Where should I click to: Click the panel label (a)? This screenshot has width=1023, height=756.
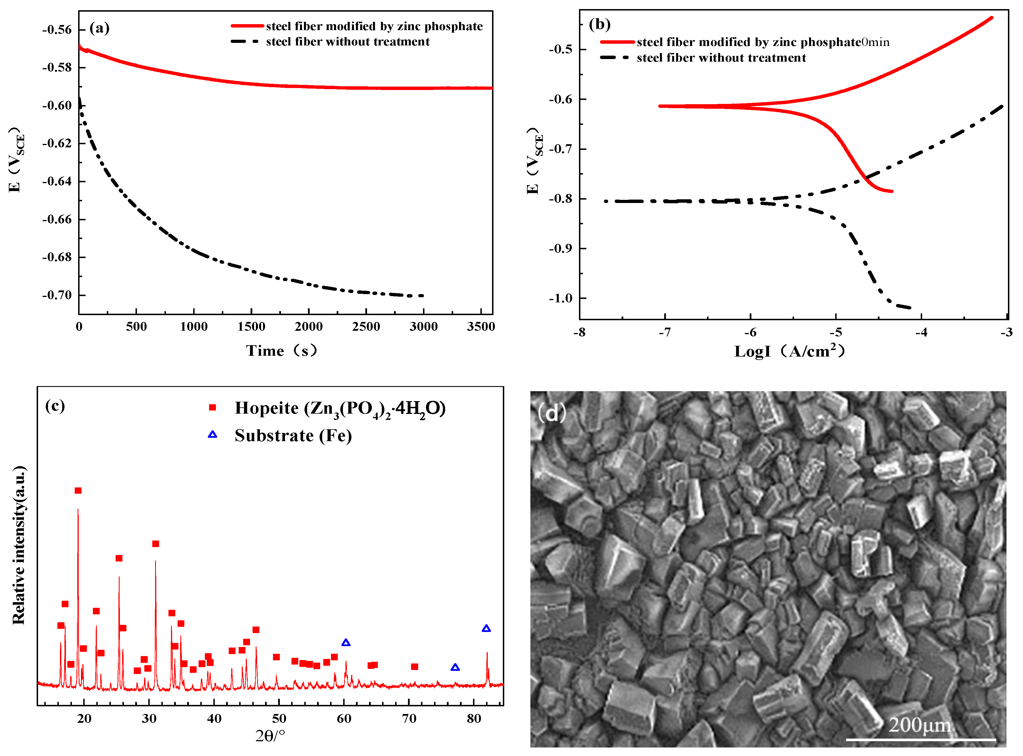click(99, 28)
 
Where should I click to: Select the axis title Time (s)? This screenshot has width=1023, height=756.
click(282, 351)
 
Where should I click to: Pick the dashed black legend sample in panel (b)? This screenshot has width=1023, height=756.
click(614, 58)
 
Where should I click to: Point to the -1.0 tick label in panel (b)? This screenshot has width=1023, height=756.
click(561, 298)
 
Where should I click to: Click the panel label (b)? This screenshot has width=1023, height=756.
click(599, 24)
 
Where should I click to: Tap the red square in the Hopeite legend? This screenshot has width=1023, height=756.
click(212, 408)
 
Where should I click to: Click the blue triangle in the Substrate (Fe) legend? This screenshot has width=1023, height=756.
click(212, 435)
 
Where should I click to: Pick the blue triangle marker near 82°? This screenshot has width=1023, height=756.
click(486, 629)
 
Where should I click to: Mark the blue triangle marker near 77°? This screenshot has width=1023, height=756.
click(455, 668)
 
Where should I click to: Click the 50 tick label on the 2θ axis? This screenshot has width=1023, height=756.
click(279, 719)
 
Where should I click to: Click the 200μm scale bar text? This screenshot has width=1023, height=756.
click(920, 725)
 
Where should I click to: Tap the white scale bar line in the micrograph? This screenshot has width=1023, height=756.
click(920, 739)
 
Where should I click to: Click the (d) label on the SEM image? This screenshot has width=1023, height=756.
click(552, 414)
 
